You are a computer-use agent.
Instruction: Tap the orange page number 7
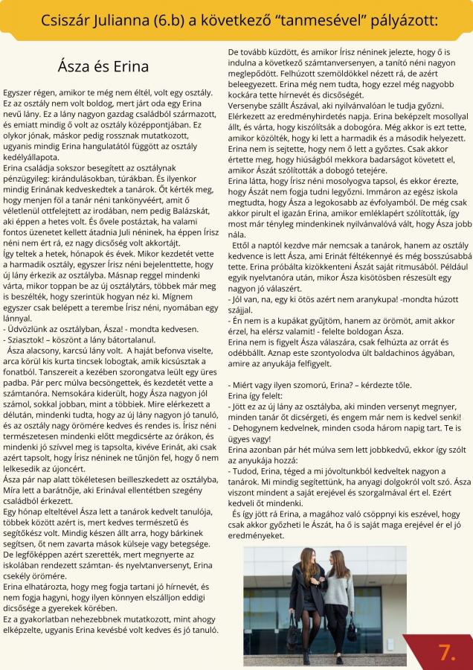coord(446,652)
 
